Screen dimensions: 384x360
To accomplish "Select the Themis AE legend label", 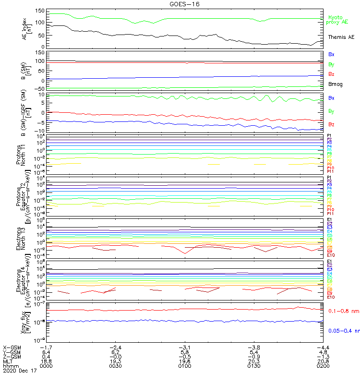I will (341, 37).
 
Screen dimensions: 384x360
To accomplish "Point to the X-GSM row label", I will (11, 347).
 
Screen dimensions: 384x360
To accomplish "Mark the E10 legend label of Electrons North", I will (330, 255).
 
